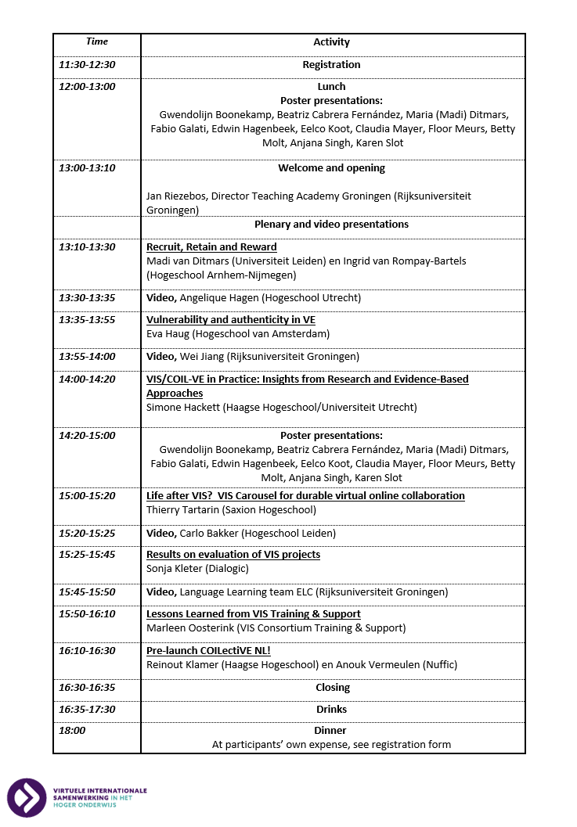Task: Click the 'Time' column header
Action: pyautogui.click(x=97, y=41)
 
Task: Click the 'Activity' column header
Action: pyautogui.click(x=331, y=42)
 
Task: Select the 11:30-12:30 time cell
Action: pyautogui.click(x=87, y=65)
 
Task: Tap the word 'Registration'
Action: pyautogui.click(x=331, y=65)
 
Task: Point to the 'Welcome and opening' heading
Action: pyautogui.click(x=331, y=168)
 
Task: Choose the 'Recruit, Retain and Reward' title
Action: pyautogui.click(x=211, y=247)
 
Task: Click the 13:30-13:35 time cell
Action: pyautogui.click(x=87, y=298)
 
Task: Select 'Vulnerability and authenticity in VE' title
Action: pyautogui.click(x=230, y=320)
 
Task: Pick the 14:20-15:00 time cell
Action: pyautogui.click(x=87, y=436)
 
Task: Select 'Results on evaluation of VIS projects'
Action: pyautogui.click(x=233, y=555)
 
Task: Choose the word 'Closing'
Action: pyautogui.click(x=331, y=688)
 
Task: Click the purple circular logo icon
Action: pyautogui.click(x=27, y=797)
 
